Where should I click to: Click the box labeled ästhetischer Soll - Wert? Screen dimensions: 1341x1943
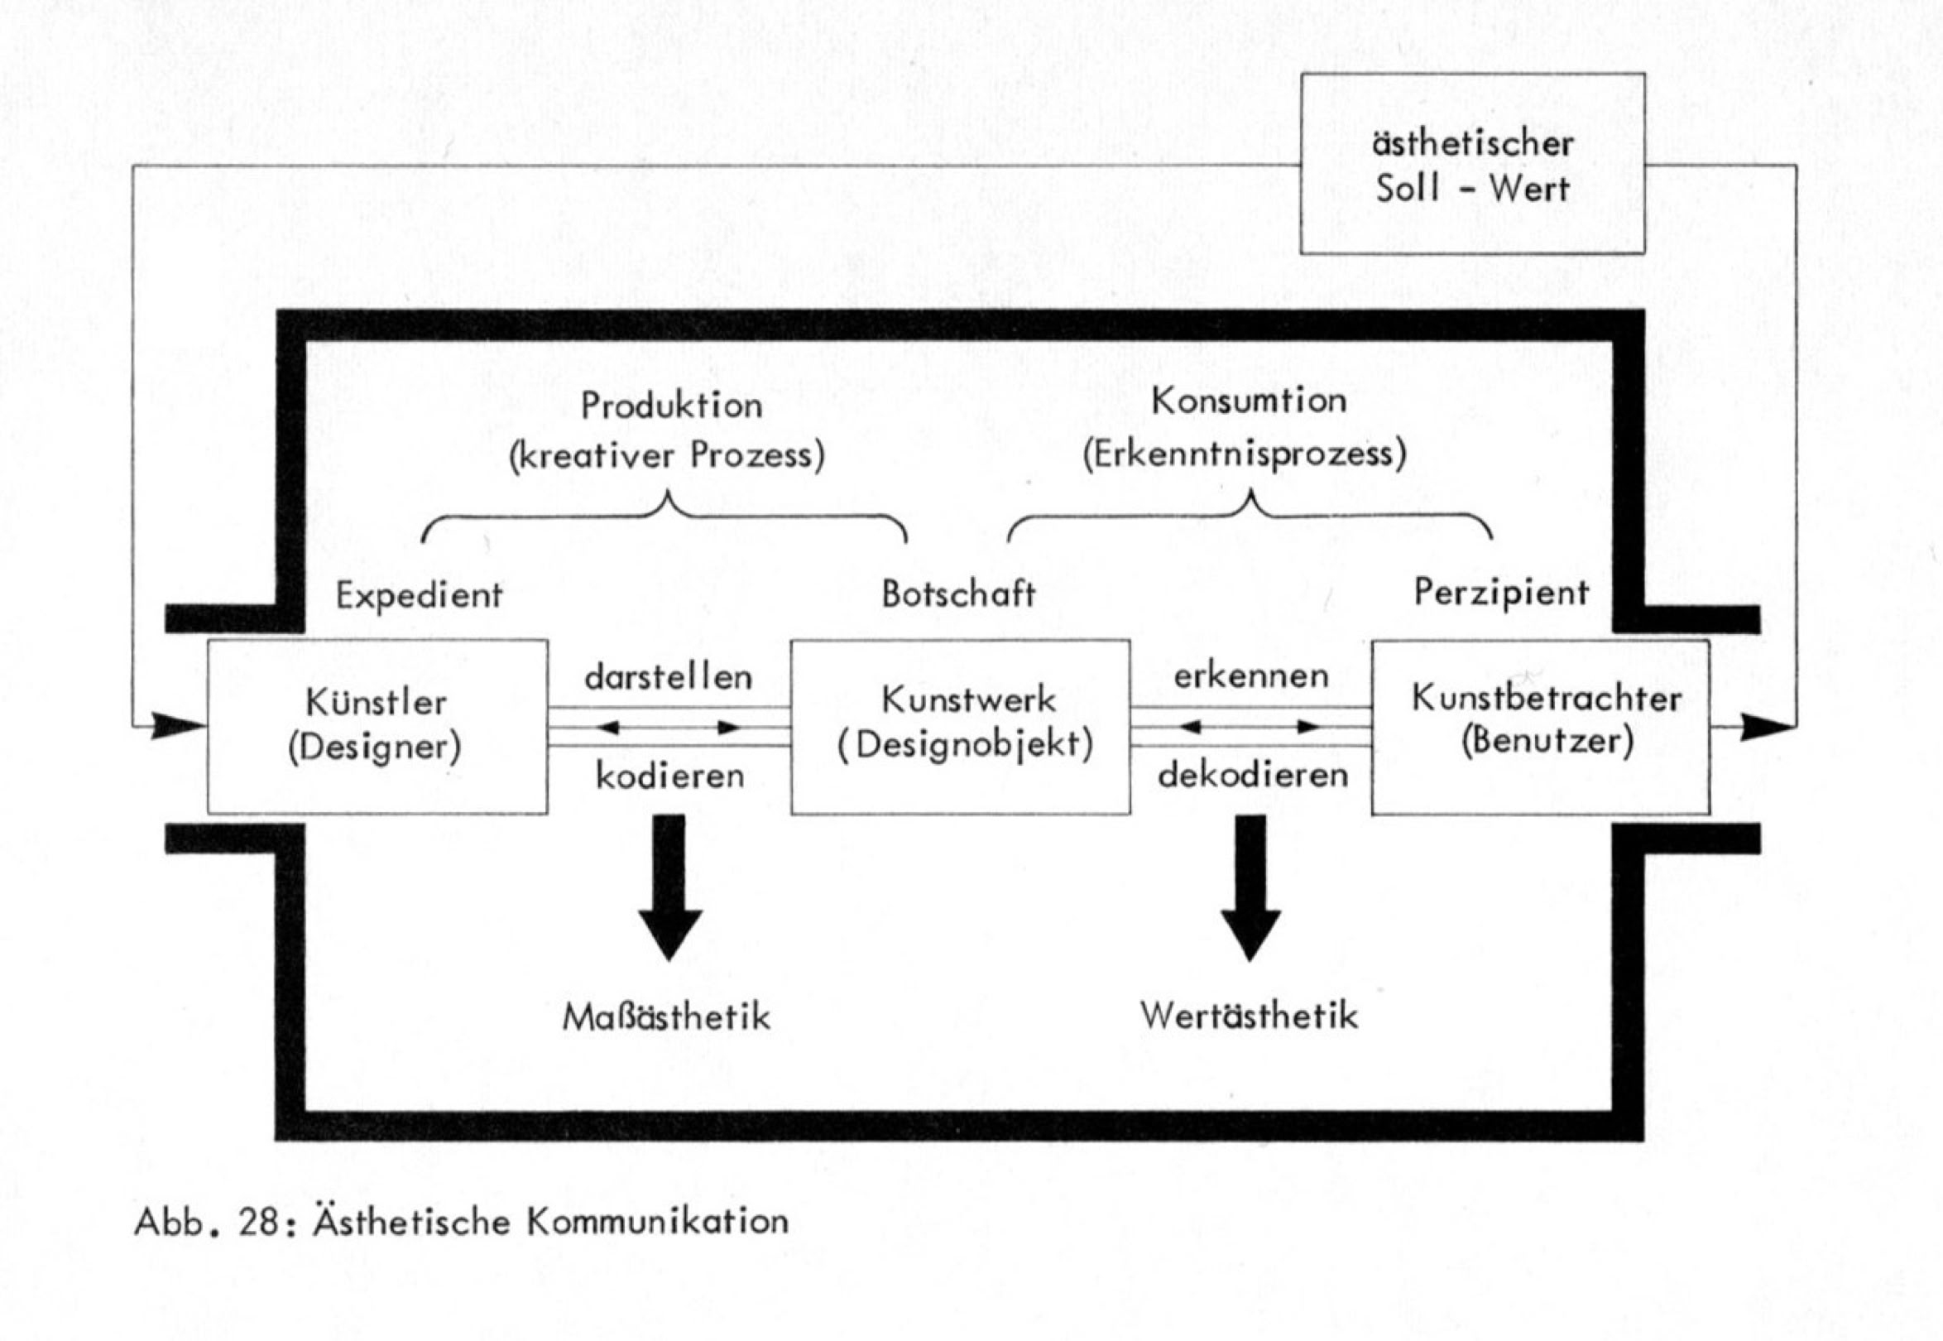pos(1472,164)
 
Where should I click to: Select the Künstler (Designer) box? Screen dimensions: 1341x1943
pos(377,726)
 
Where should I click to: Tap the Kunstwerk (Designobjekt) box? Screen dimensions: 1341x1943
pos(960,726)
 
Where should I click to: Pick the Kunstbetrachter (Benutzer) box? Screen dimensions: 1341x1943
pos(1540,726)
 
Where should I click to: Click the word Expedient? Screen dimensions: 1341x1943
pos(420,595)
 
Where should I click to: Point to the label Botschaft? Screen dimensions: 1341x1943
pos(957,594)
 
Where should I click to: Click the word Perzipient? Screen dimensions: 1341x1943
pos(1500,592)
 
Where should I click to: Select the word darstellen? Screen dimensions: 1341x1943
pos(669,676)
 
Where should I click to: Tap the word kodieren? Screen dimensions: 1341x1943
pos(669,776)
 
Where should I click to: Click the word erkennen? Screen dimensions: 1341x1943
pos(1251,675)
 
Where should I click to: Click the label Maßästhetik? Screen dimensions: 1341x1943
pos(666,1017)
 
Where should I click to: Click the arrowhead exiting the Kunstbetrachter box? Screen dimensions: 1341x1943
pos(1764,726)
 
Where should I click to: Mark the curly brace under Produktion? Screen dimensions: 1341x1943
pos(664,517)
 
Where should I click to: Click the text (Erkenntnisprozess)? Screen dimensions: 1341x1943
pos(1244,455)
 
